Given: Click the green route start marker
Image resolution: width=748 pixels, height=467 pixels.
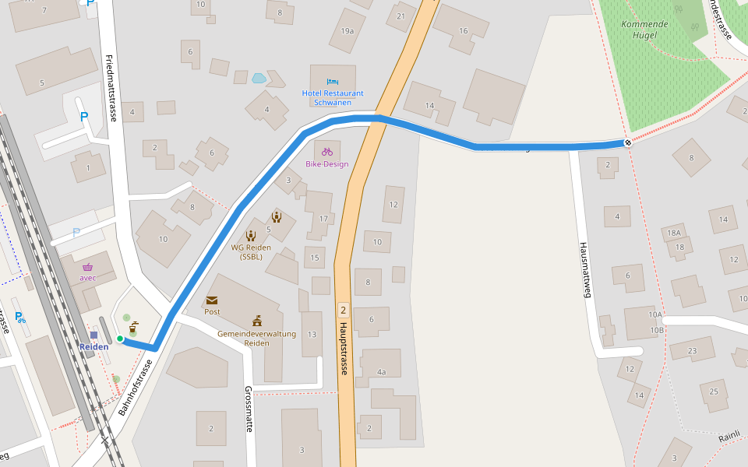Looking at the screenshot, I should pos(120,339).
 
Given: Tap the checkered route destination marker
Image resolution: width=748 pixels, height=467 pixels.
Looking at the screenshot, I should pos(627,142).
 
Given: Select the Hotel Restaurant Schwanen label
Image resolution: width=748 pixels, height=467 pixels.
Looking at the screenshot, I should pos(333,97).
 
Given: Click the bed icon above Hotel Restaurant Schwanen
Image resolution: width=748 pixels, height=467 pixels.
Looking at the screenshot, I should pos(333,82).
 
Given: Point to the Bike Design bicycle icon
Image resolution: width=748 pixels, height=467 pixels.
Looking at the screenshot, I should pos(327,151).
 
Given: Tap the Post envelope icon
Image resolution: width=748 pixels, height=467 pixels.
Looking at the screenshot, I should pos(212,300).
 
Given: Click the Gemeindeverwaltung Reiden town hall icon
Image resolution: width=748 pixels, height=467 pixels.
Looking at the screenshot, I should pos(257,321).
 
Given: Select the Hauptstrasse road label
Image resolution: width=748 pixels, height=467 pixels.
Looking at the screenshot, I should pos(343,349).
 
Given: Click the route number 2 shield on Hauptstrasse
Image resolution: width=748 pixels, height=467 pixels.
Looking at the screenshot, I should pos(343,310).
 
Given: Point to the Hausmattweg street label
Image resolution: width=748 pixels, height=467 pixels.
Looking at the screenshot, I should pos(585,269).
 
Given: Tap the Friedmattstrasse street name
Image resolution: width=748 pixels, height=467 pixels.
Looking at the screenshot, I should pos(111,88).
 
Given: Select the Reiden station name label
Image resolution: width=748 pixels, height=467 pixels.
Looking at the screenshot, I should pos(93,346).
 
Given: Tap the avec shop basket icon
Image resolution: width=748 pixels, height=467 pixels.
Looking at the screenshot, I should pos(87,266).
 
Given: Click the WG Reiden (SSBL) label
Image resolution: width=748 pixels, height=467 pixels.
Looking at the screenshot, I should pos(251,252).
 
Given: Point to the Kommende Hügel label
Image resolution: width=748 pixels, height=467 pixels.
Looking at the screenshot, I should pos(644,30).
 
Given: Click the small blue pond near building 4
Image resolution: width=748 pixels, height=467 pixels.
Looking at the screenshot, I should pos(259,79).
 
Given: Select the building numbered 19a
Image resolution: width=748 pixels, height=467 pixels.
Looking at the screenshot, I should pos(348,31).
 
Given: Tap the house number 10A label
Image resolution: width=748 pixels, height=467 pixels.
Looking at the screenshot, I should pos(654,315).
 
